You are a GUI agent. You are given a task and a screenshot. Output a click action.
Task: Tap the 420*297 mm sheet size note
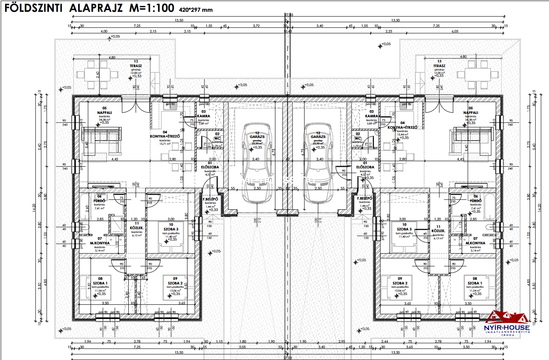pyautogui.click(x=196, y=10)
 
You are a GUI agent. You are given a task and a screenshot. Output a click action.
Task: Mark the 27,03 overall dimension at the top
pyautogui.click(x=288, y=15)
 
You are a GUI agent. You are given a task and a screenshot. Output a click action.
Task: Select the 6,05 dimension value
pyautogui.click(x=454, y=31)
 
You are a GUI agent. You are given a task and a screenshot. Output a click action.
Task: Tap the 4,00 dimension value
pyautogui.click(x=104, y=31)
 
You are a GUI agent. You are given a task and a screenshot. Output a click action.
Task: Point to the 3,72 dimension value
pyautogui.click(x=256, y=26)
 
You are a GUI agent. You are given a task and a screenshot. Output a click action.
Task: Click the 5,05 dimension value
pyautogui.click(x=243, y=346)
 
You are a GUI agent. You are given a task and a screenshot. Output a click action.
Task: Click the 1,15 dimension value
pyautogui.click(x=219, y=341)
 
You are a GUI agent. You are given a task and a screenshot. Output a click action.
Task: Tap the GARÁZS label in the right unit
pyautogui.click(x=319, y=137)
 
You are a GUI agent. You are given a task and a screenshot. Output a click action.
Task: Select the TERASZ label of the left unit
pyautogui.click(x=135, y=66)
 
